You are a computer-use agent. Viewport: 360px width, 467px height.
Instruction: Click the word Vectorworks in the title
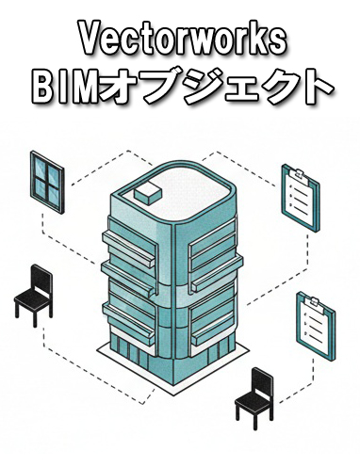click(181, 39)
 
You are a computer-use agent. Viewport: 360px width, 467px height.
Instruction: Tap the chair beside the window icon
click(35, 294)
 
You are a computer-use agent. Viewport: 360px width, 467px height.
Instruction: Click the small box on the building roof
click(150, 194)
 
